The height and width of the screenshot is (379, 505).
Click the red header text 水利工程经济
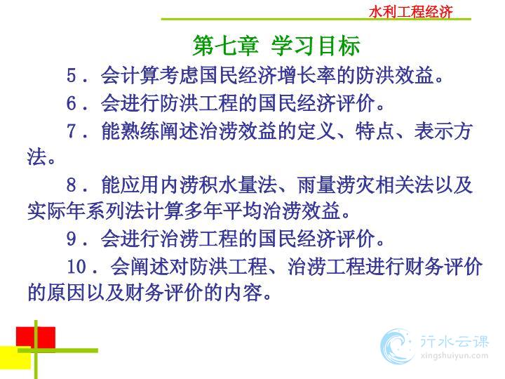point(411,12)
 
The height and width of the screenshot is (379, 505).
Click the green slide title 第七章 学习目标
point(276,46)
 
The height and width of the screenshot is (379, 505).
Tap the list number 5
point(71,76)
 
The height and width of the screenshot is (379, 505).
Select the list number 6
point(71,103)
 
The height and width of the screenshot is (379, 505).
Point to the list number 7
point(71,131)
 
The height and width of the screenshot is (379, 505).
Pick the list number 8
point(71,185)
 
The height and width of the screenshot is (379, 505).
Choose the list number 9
point(71,239)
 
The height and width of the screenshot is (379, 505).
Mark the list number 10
point(76,267)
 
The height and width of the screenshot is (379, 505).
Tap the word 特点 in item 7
point(375,131)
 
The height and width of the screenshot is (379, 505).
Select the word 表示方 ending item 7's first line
point(443,131)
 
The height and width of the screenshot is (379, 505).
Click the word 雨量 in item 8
point(317,185)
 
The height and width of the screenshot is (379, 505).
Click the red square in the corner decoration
point(36,338)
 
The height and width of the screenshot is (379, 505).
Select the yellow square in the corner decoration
point(15,357)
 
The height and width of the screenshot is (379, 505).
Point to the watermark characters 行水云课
point(454,341)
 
